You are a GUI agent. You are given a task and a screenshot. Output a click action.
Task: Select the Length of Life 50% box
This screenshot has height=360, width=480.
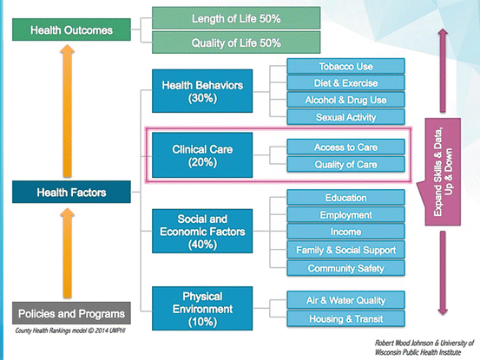(x=223, y=18)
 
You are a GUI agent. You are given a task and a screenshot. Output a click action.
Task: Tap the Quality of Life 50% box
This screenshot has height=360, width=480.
(x=223, y=42)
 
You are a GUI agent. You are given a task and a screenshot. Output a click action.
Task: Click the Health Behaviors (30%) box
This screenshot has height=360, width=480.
(x=202, y=90)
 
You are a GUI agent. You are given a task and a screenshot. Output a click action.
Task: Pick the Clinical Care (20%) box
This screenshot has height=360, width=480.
(x=202, y=155)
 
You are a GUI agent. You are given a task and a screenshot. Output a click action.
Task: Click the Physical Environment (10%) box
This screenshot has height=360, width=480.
(x=202, y=308)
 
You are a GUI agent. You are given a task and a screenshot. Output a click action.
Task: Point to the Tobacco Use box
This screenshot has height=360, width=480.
(x=346, y=66)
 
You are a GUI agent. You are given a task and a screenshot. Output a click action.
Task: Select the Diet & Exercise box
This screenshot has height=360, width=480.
(x=346, y=83)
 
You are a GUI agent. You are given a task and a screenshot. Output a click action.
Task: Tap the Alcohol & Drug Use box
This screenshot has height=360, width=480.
(x=346, y=100)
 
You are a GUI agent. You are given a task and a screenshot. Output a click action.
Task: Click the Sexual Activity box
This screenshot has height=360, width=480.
(x=346, y=116)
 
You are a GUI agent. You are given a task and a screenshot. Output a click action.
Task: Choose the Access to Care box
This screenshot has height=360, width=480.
(x=346, y=147)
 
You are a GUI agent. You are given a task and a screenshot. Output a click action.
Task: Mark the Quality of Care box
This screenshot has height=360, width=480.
(x=346, y=164)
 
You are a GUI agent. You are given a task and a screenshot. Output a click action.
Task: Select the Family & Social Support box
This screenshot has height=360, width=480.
(x=346, y=251)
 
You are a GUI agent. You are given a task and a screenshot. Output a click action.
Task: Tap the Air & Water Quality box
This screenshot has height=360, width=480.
(x=346, y=300)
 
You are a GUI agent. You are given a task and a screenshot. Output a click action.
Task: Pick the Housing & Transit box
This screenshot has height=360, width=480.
(x=346, y=318)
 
